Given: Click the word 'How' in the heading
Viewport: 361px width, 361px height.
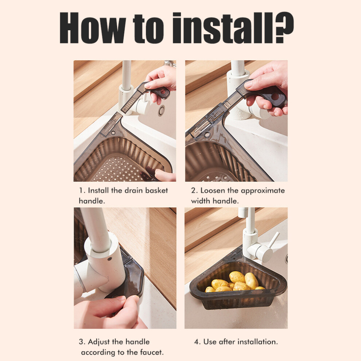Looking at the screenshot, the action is [x=93, y=28].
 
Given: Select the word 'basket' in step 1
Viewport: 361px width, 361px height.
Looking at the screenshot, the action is [x=156, y=191].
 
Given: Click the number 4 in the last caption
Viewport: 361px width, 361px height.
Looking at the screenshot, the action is [x=197, y=342].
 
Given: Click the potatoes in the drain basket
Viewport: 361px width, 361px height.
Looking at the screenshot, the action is [x=236, y=282].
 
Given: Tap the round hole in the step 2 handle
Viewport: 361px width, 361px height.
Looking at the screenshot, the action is [x=275, y=97].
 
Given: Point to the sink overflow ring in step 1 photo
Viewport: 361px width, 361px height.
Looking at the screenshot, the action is [x=162, y=110].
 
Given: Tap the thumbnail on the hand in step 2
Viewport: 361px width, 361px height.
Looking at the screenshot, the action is [x=248, y=85].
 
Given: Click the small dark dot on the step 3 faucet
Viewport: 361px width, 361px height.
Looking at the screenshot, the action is [x=110, y=259].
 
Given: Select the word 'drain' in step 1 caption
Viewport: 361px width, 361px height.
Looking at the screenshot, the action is [x=134, y=191].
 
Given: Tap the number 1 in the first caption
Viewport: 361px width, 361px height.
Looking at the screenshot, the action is [x=81, y=191].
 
